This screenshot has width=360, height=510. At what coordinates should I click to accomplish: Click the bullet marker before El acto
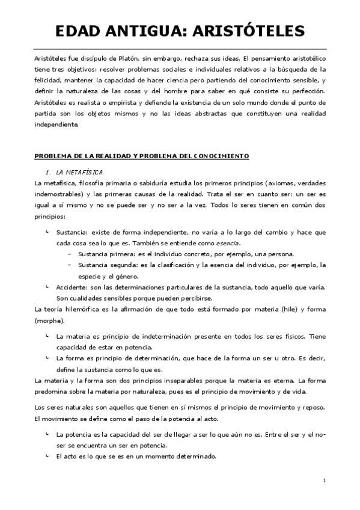coord(47,456)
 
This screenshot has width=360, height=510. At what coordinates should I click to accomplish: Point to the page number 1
coord(324,481)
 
